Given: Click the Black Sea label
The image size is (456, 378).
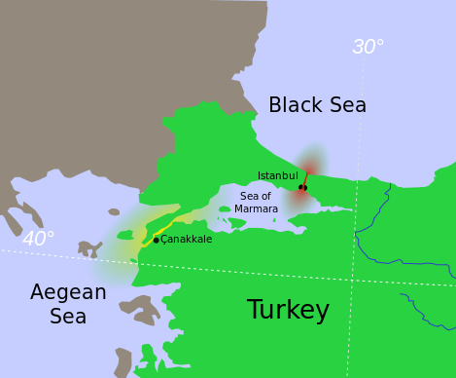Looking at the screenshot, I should click(317, 105).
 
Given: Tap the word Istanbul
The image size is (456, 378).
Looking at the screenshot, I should click(277, 175).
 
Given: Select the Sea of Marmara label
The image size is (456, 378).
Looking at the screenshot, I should click(257, 203).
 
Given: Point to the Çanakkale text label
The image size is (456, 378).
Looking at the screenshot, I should click(186, 240).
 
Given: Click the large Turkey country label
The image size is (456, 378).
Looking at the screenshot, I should click(288, 311).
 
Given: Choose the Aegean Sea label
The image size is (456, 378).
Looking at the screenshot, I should click(68, 304).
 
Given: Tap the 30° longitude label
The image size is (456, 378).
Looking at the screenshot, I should click(368, 47).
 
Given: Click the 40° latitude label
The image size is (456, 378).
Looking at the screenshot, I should click(38, 239).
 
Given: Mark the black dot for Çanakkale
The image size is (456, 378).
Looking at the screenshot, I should click(156, 240).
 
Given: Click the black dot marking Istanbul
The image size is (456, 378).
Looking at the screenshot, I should click(302, 187).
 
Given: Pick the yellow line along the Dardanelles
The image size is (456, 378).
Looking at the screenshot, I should click(167, 224).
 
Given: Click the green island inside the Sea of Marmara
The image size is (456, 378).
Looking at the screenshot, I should click(225, 208).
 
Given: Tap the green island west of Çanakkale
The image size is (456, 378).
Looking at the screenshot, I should click(124, 235).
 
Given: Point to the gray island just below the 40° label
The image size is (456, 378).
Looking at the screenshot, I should click(89, 248).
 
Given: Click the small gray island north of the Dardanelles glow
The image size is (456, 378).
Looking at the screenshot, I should click(114, 211).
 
